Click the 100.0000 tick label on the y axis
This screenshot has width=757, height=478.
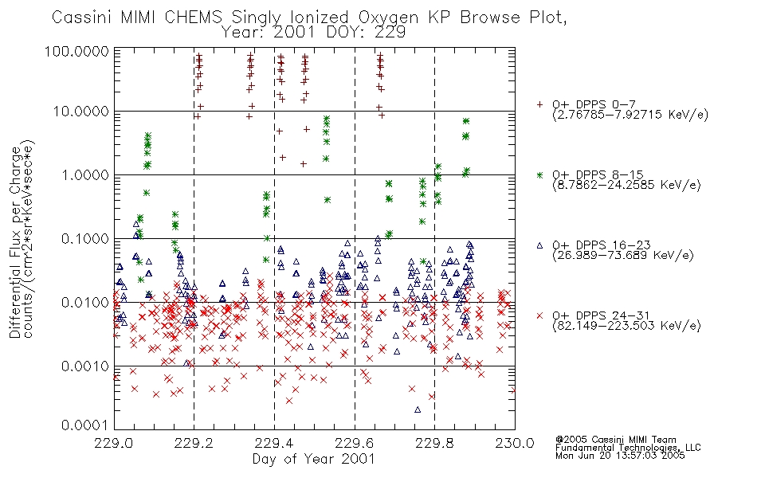click(x=76, y=51)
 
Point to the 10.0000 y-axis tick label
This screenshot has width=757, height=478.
click(x=81, y=112)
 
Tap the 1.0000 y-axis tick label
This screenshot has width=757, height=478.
click(x=85, y=174)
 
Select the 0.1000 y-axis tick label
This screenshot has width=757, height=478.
click(x=85, y=238)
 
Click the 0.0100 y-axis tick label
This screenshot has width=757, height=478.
click(x=85, y=303)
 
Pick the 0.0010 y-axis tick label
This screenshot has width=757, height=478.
click(x=85, y=366)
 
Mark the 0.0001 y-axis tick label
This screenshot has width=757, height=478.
click(x=85, y=425)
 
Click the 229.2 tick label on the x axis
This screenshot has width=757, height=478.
click(x=194, y=443)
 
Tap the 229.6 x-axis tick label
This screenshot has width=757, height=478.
click(x=355, y=443)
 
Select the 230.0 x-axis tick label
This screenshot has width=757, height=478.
click(x=515, y=443)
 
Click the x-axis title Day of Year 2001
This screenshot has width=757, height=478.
click(x=314, y=459)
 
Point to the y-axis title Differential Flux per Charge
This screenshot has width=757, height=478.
click(x=15, y=242)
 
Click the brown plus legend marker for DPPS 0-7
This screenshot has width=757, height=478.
click(x=539, y=104)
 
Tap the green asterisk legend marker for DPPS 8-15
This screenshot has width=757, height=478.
click(x=539, y=174)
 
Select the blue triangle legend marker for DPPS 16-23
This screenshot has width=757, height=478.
click(x=539, y=245)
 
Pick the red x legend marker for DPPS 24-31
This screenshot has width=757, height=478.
click(x=539, y=315)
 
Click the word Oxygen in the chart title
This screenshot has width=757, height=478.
click(x=388, y=18)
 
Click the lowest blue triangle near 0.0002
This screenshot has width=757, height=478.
click(x=418, y=410)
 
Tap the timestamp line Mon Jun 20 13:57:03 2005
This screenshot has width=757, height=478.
click(x=620, y=456)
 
